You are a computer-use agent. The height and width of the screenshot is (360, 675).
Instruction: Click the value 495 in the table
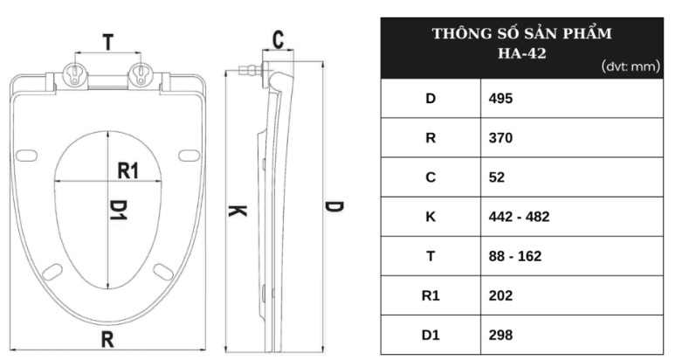click(x=500, y=98)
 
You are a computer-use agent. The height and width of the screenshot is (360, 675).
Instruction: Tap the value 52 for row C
click(x=496, y=177)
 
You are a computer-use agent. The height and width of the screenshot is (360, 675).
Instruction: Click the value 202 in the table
click(x=500, y=296)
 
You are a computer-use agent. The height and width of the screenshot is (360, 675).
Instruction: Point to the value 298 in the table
click(x=500, y=335)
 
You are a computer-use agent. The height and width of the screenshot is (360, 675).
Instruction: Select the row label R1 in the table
click(x=430, y=296)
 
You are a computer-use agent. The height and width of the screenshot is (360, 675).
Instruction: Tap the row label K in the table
click(x=430, y=217)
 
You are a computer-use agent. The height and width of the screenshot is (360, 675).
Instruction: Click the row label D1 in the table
click(x=430, y=335)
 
